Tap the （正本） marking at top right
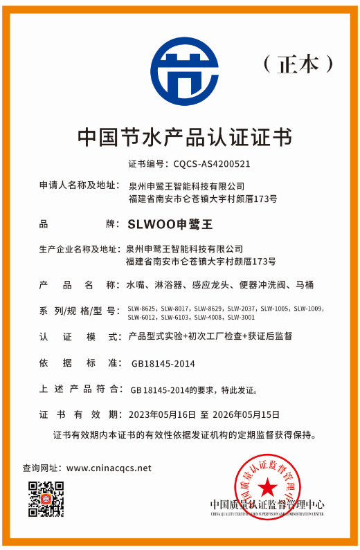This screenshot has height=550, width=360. pos(298,64)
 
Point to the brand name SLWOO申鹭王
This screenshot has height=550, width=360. pos(170,224)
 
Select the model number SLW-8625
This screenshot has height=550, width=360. pos(142,309)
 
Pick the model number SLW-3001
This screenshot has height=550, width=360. pos(242,318)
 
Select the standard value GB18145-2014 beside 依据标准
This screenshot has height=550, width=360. pos(163,363)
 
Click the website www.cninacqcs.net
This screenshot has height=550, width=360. pos(109,468)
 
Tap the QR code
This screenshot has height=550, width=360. pos(46,499)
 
